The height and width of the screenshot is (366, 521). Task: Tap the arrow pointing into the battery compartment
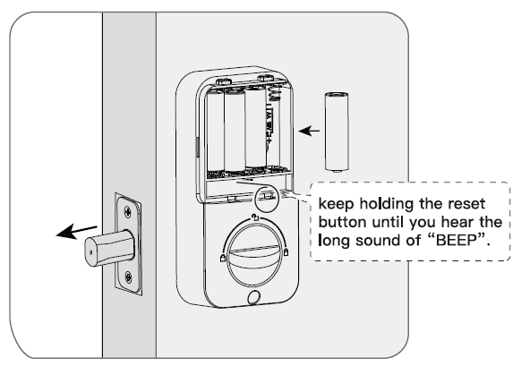[309, 132]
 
